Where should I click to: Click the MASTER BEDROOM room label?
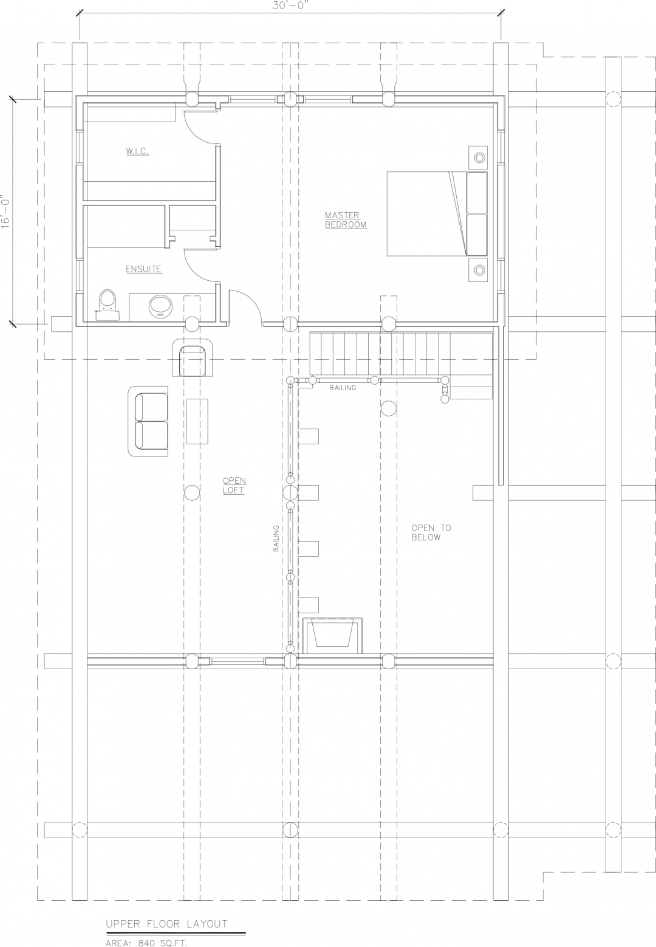pyautogui.click(x=346, y=220)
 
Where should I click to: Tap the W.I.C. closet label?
pyautogui.click(x=138, y=151)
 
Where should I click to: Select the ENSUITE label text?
pyautogui.click(x=143, y=269)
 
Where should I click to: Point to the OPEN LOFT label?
pyautogui.click(x=234, y=486)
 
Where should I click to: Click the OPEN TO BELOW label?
pyautogui.click(x=431, y=532)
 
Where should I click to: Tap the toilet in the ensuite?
pyautogui.click(x=108, y=302)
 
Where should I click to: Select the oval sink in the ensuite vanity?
pyautogui.click(x=161, y=306)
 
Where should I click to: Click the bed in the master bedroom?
pyautogui.click(x=437, y=214)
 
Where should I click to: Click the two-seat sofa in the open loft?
pyautogui.click(x=148, y=421)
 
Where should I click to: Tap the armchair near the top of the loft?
pyautogui.click(x=194, y=358)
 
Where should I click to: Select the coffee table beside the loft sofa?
pyautogui.click(x=197, y=421)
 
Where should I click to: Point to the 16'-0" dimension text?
pyautogui.click(x=7, y=211)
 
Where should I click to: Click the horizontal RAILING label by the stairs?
pyautogui.click(x=343, y=388)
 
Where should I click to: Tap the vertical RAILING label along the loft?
pyautogui.click(x=276, y=539)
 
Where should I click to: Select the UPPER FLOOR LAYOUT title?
pyautogui.click(x=166, y=924)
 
